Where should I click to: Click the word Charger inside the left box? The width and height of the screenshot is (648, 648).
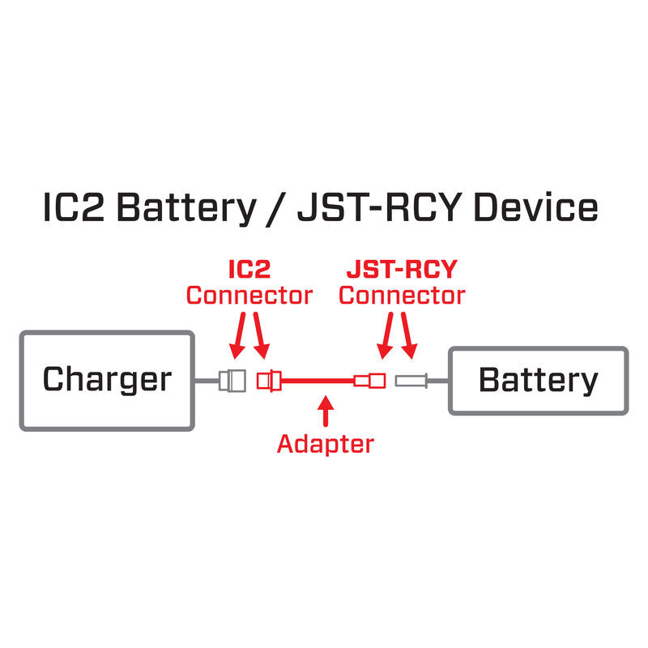[x=107, y=379]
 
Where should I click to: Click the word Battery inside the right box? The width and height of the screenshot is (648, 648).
[x=539, y=379]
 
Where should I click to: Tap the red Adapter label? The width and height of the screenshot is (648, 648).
[x=326, y=443]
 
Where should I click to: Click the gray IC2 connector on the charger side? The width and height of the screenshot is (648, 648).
[x=233, y=379]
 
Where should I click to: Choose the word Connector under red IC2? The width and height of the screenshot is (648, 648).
[x=249, y=296]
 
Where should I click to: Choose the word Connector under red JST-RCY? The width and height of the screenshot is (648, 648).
[x=402, y=296]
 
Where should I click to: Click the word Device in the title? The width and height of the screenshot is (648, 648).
[x=535, y=208]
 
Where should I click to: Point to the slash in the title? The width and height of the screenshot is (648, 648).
[x=275, y=208]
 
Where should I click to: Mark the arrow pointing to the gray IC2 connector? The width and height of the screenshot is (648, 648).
[x=239, y=336]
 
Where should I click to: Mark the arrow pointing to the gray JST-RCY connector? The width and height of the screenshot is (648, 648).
[x=408, y=336]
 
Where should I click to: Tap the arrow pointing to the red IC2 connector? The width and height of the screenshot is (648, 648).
[x=259, y=336]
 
